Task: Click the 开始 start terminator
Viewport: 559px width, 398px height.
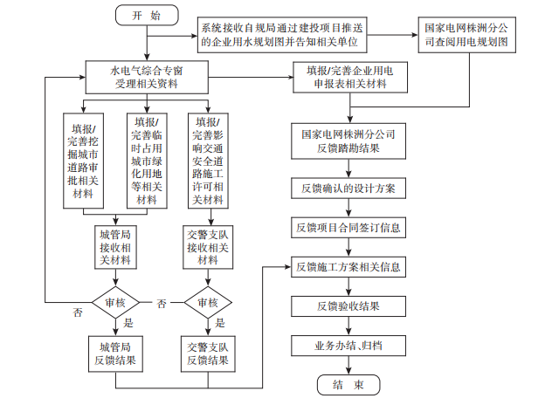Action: point(147,15)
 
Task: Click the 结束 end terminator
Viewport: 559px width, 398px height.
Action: point(349,385)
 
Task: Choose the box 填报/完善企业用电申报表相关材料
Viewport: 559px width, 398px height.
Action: point(349,75)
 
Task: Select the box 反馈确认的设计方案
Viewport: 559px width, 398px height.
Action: point(349,189)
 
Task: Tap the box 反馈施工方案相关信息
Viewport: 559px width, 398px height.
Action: point(349,265)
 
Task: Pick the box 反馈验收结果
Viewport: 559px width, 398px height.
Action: point(349,306)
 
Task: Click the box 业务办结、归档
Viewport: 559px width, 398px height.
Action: point(349,347)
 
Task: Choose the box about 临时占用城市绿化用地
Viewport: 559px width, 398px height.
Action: point(147,161)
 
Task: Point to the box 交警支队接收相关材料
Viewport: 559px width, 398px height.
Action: point(208,246)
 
